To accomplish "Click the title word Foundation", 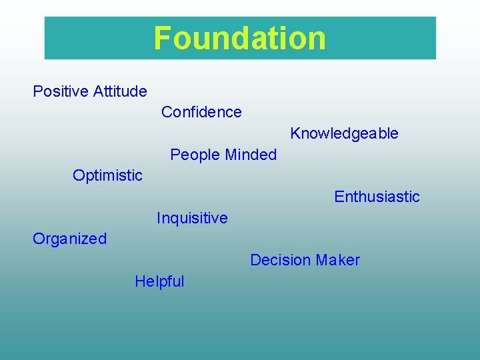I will point(240,38).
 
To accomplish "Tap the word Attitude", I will point(120,91).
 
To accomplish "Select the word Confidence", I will point(201,112).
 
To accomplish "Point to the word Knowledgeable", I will point(344,133).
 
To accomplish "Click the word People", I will point(195,155).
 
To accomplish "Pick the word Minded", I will point(250,155).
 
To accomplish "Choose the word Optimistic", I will point(107,175).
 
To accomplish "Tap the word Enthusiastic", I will point(377,197).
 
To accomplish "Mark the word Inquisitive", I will point(192,218).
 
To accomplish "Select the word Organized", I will point(69,239).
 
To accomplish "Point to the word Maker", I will point(338,260).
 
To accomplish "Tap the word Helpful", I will point(159,281).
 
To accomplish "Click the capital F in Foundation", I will point(162,38).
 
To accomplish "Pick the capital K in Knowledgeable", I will point(295,133).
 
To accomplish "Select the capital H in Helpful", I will point(139,281).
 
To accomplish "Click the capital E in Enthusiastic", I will point(339,197).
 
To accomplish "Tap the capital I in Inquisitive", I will point(159,218).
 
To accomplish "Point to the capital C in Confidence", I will point(167,112).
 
